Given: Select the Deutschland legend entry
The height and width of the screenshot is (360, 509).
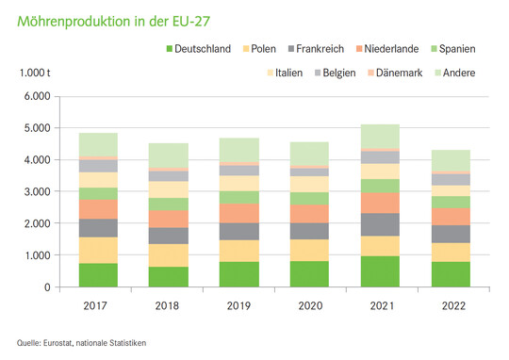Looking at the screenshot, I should tap(196, 49).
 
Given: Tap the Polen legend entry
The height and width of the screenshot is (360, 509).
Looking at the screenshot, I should tap(266, 49).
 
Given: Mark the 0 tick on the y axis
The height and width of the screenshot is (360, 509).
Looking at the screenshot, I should tap(45, 287).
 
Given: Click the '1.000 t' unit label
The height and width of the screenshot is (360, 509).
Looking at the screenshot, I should tap(36, 73).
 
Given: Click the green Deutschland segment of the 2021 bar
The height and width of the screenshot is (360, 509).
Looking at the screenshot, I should tap(380, 271).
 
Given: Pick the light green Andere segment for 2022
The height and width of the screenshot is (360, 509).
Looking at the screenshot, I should tap(450, 161).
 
